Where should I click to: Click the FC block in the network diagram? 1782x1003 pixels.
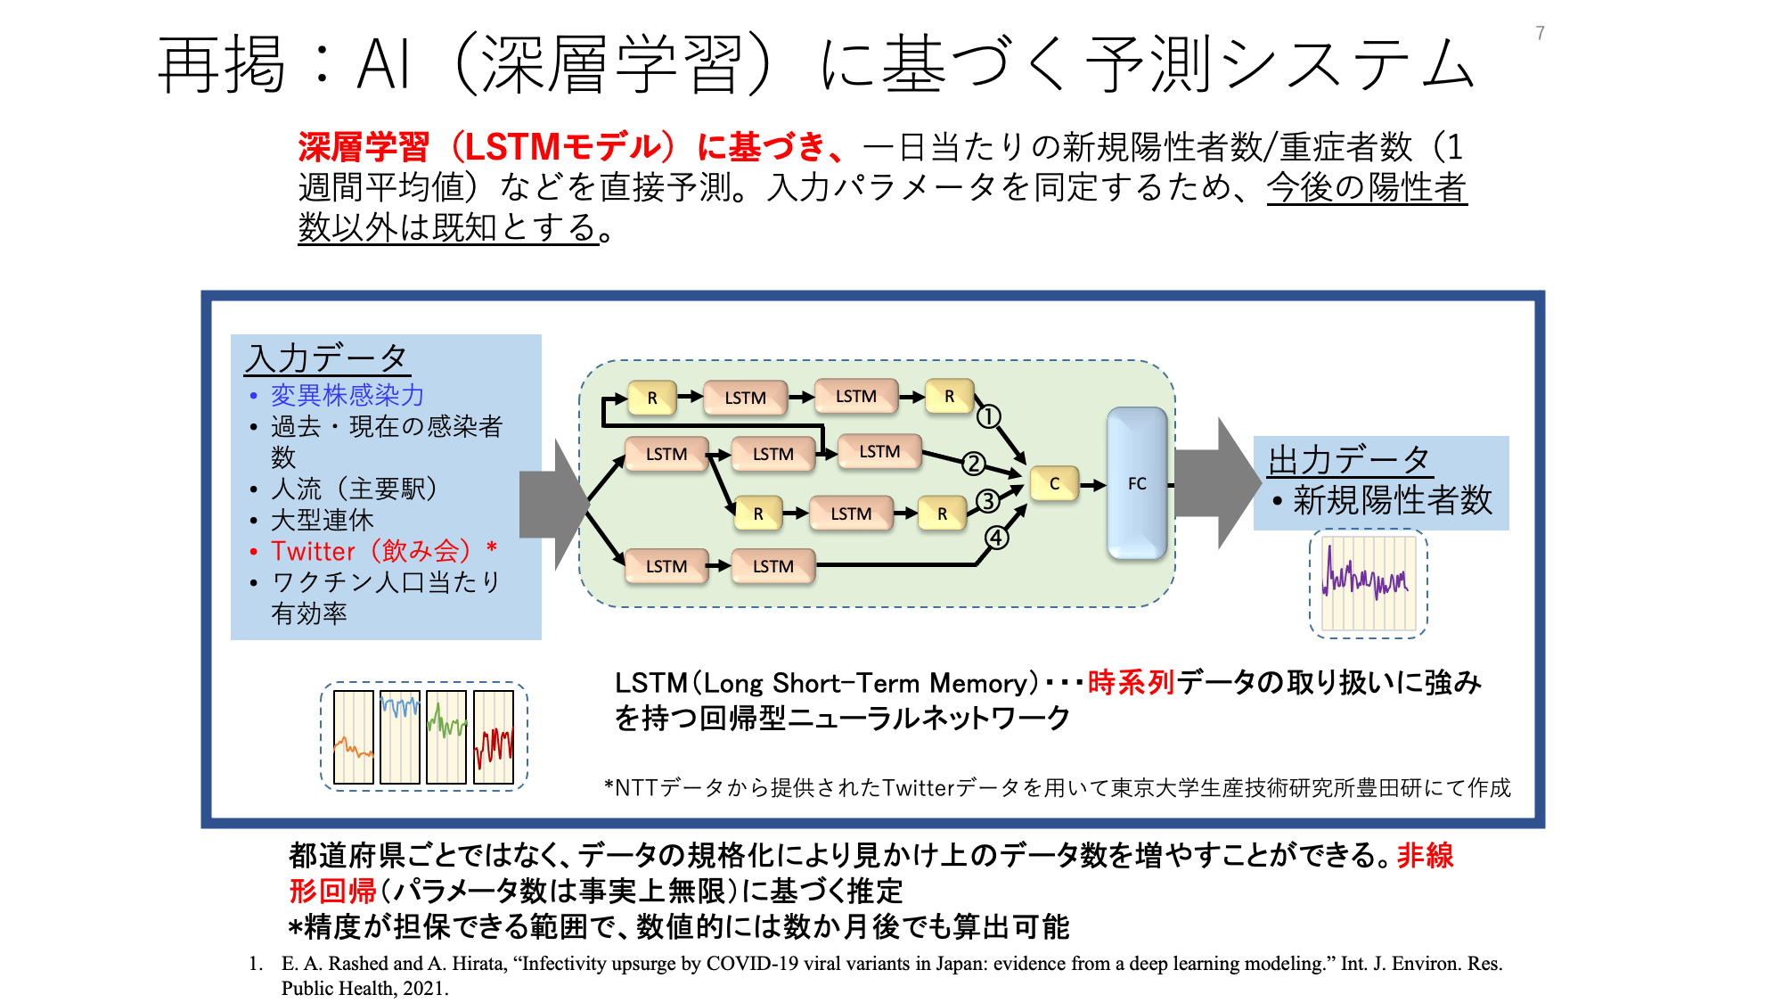[x=1137, y=483]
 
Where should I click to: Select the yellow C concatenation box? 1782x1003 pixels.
[x=1054, y=483]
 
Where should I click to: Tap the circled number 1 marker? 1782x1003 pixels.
[x=989, y=416]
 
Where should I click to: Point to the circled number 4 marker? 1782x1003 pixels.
[x=997, y=538]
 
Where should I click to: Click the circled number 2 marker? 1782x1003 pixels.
[x=974, y=463]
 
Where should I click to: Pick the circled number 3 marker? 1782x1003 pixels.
[x=987, y=501]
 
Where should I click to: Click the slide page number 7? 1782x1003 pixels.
[x=1540, y=33]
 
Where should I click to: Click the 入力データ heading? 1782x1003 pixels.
[x=326, y=358]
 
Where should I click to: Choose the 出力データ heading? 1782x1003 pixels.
[x=1349, y=460]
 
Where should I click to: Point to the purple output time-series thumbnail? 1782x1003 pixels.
[x=1369, y=583]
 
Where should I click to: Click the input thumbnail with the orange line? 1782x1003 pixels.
[x=354, y=737]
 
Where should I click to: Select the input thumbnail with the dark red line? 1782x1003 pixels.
[x=494, y=737]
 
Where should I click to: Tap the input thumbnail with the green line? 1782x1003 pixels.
[x=446, y=737]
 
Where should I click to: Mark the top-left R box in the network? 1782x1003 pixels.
[x=652, y=398]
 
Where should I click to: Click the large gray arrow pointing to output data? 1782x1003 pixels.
[x=1217, y=483]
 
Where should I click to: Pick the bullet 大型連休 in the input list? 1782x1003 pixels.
[x=323, y=520]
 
